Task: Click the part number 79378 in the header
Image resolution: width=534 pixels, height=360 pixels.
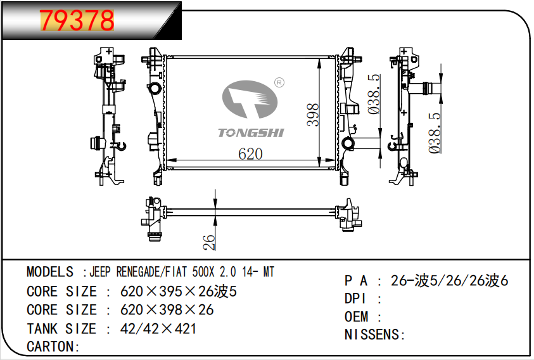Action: coord(78,20)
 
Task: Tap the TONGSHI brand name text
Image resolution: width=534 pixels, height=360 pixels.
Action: coord(251,132)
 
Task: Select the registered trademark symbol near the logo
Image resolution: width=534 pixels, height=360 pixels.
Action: coord(279,82)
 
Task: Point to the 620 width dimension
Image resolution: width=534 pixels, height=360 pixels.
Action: coord(250,154)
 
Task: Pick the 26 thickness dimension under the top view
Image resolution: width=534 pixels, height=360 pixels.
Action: coord(210,241)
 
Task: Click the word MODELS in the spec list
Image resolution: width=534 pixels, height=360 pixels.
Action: coord(50,273)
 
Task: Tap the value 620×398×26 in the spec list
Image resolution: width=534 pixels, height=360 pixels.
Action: coord(167,310)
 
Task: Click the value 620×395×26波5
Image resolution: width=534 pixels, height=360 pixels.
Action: coord(179,292)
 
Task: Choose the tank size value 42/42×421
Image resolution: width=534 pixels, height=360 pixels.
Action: coord(158,329)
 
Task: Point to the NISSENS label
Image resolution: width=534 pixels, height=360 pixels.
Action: coord(374,335)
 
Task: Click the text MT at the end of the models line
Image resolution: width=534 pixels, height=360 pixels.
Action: coord(269,273)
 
